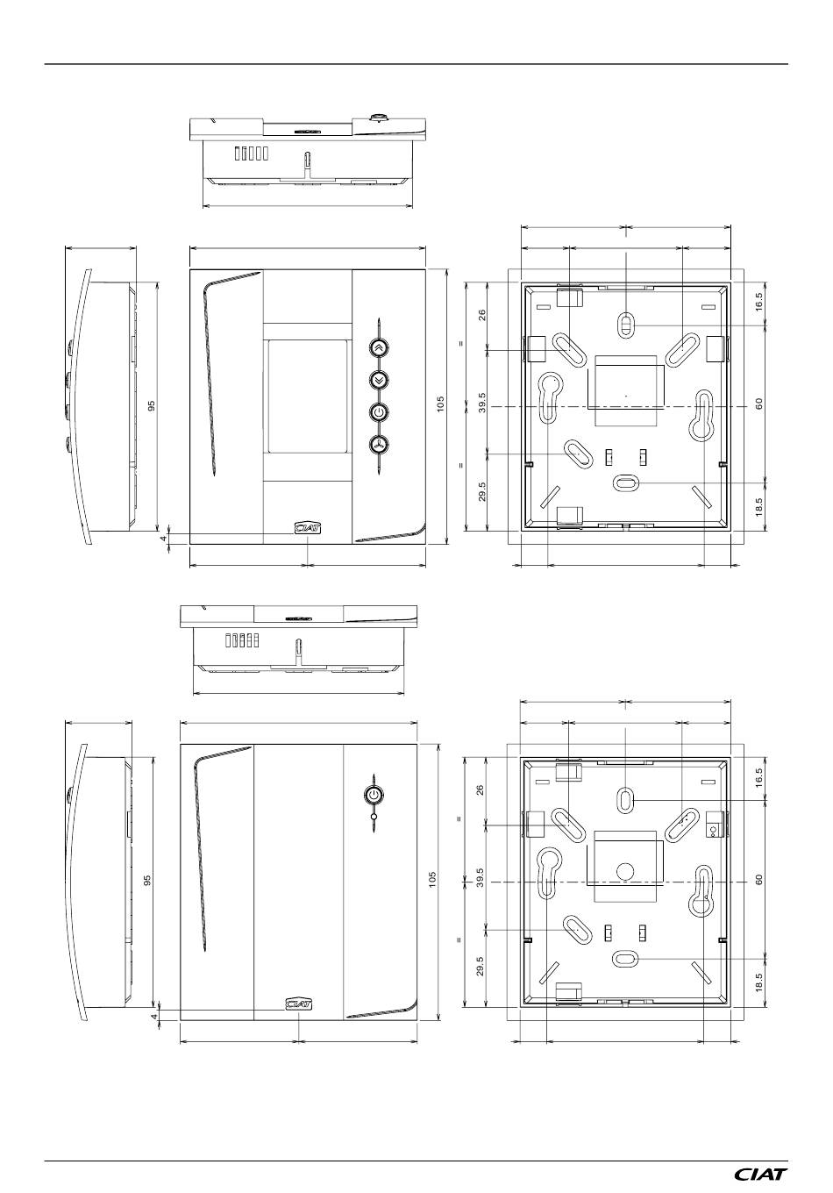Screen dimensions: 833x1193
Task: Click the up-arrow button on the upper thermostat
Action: point(379,347)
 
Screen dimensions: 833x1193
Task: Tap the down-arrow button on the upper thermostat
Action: point(379,380)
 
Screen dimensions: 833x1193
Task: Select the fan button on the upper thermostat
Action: point(379,445)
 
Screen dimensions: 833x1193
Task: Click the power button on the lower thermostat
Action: point(374,795)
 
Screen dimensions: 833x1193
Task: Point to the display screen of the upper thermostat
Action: point(308,396)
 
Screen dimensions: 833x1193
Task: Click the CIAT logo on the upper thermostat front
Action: point(308,527)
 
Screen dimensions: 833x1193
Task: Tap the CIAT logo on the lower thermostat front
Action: point(299,1003)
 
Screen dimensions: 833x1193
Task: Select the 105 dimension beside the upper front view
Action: point(440,404)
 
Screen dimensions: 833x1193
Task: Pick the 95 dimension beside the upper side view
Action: point(152,406)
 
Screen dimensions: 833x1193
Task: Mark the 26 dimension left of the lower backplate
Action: point(481,789)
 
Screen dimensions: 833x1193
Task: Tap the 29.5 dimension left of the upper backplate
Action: point(481,491)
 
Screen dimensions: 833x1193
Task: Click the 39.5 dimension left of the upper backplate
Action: point(481,404)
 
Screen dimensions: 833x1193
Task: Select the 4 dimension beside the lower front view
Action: point(154,1016)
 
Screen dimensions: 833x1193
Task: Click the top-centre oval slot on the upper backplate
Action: point(626,324)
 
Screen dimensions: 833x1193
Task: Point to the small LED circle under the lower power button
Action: point(374,817)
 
